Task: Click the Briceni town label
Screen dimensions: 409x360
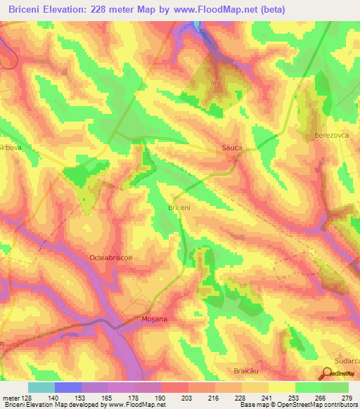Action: [181, 207]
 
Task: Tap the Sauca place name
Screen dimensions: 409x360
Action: [231, 148]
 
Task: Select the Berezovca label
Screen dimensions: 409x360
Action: [331, 134]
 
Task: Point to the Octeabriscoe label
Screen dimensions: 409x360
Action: [111, 258]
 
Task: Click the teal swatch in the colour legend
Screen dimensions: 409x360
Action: [41, 387]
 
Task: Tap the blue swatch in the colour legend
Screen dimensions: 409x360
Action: [67, 387]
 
